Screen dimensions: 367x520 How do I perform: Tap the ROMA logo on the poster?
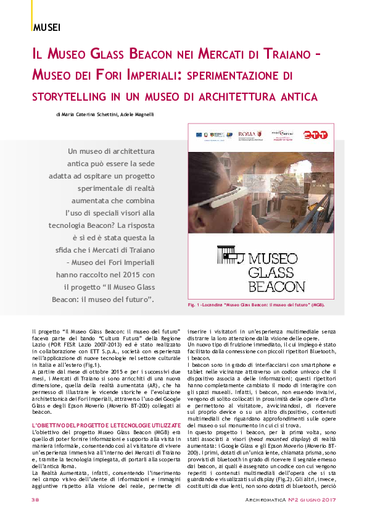[246, 134]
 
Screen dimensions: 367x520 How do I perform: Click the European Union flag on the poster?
[198, 134]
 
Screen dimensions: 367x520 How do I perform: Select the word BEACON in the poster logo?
[276, 286]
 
